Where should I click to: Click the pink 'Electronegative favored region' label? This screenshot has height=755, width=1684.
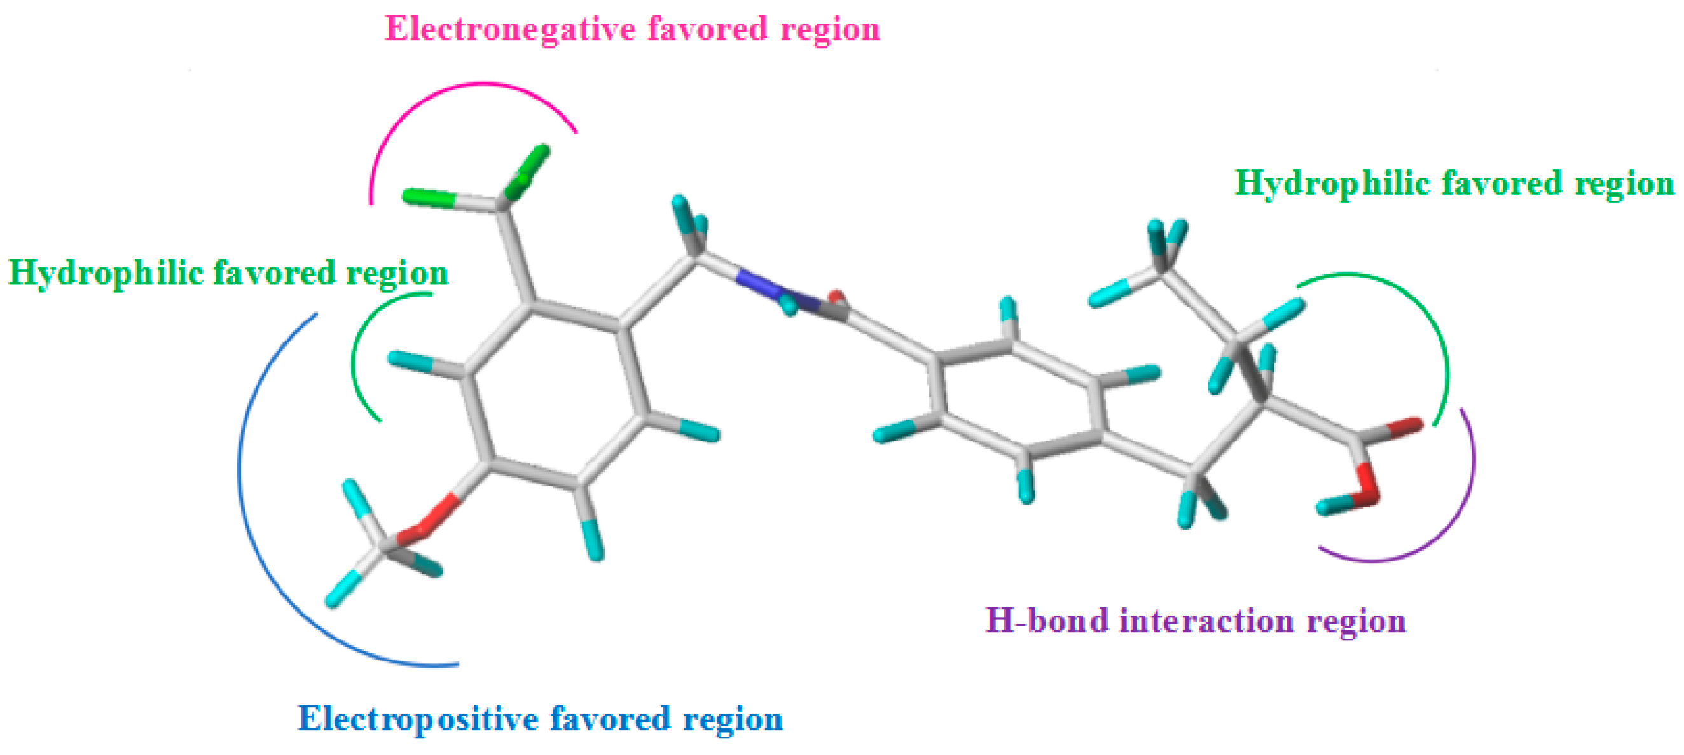pos(631,29)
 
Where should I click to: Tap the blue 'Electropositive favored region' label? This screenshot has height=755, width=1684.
pos(540,719)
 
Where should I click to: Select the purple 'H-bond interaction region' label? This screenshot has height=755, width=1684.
pos(1195,621)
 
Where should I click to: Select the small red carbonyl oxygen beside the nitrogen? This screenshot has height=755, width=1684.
pos(837,299)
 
